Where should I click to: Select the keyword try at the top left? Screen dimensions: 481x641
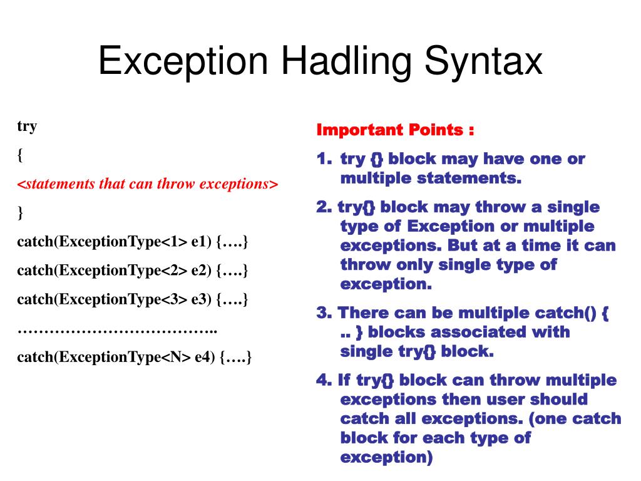pyautogui.click(x=27, y=127)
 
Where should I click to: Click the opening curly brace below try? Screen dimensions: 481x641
pyautogui.click(x=20, y=155)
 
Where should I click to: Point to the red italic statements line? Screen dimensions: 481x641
pyautogui.click(x=147, y=184)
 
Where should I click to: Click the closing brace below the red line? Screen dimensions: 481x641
pyautogui.click(x=20, y=213)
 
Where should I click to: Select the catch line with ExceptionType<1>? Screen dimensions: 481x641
pyautogui.click(x=133, y=242)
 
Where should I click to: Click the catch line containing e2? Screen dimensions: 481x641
pyautogui.click(x=133, y=271)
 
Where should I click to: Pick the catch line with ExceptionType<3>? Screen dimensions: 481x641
pyautogui.click(x=133, y=299)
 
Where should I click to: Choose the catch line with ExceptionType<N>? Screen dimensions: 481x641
pyautogui.click(x=134, y=357)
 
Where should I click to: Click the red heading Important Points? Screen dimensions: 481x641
pyautogui.click(x=395, y=130)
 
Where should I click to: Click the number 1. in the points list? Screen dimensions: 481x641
pyautogui.click(x=324, y=159)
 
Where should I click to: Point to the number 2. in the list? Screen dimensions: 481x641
pyautogui.click(x=324, y=207)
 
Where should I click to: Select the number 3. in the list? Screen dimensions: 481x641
pyautogui.click(x=324, y=313)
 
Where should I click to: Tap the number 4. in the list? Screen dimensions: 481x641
pyautogui.click(x=324, y=380)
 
